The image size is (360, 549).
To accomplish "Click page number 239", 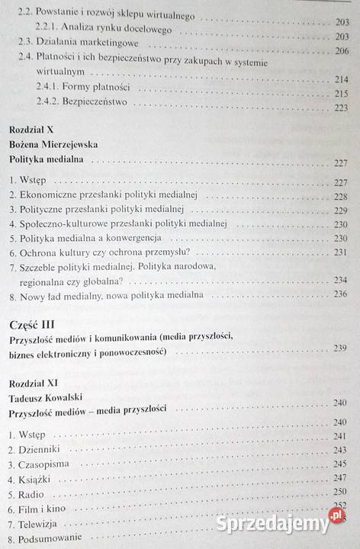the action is (340, 348).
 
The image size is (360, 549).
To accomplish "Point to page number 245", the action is (340, 464).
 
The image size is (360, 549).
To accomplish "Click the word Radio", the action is (32, 493).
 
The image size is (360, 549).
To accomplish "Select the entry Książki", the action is (37, 478).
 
